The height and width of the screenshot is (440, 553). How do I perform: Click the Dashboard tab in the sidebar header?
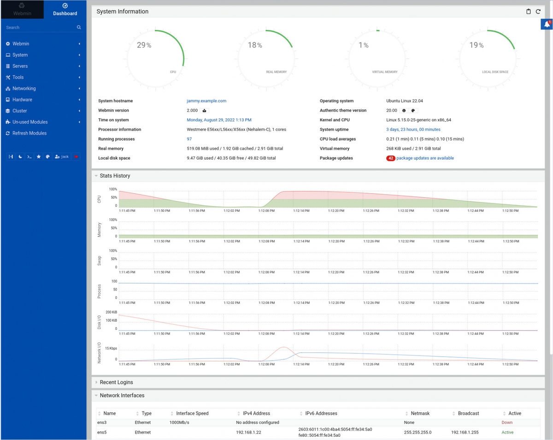(x=65, y=9)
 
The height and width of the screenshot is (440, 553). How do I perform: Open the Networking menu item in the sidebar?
(x=24, y=89)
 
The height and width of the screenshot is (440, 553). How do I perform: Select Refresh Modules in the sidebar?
(x=29, y=133)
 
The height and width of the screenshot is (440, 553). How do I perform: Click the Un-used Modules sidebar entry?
(x=29, y=122)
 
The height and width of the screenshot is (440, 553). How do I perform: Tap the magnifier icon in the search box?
(x=79, y=28)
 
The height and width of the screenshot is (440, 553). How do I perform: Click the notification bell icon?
(x=547, y=24)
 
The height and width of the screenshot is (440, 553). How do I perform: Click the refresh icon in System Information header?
(x=538, y=12)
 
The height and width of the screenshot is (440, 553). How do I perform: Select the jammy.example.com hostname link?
(x=206, y=101)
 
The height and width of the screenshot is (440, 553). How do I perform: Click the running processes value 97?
(x=189, y=139)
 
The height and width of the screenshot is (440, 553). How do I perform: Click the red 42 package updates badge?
(x=391, y=158)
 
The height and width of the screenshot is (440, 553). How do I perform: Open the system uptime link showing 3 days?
(x=413, y=130)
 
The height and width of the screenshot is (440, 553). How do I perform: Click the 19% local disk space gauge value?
(x=476, y=45)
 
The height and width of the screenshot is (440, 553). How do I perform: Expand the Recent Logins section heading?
(x=116, y=382)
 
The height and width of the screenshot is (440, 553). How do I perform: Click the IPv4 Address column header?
(x=256, y=414)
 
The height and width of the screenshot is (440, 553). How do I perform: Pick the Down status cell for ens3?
(x=507, y=422)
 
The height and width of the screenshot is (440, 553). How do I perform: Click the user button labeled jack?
(x=62, y=157)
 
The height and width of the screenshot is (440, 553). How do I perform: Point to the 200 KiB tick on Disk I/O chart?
(x=111, y=312)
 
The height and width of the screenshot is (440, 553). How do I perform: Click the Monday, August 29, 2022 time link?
(x=219, y=120)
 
